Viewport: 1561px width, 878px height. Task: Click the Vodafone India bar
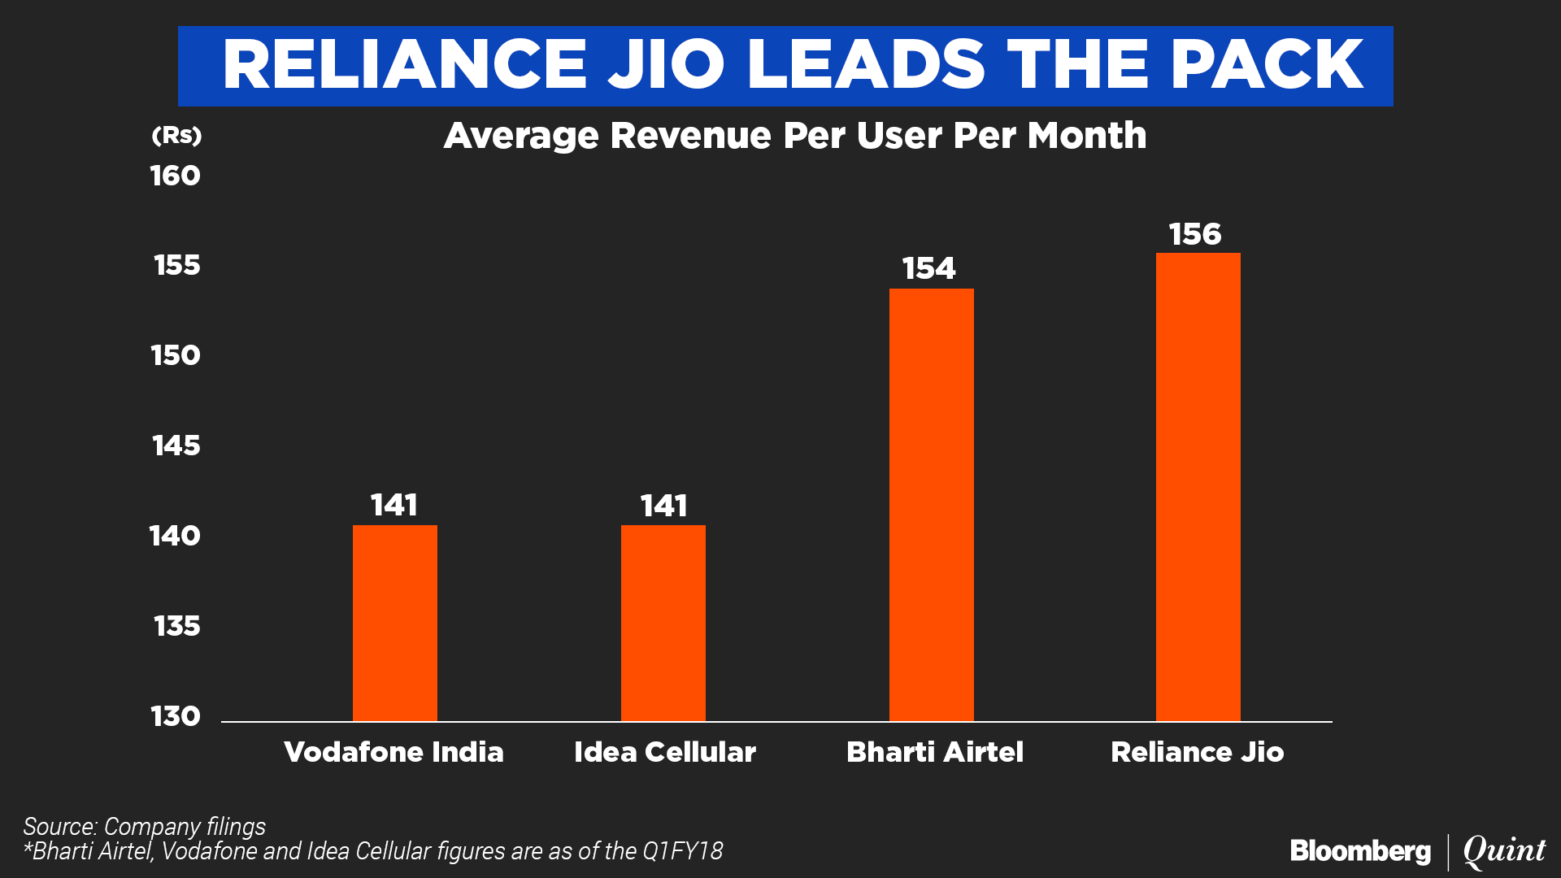pos(394,623)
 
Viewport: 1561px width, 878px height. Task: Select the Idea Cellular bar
pos(663,623)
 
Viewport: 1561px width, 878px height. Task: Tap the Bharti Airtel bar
pos(931,504)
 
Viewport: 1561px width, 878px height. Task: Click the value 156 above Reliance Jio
pos(1195,234)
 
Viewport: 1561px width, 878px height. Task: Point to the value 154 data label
pos(928,268)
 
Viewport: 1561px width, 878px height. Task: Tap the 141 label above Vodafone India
pos(394,505)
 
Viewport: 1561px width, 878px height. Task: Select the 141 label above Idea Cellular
pos(663,506)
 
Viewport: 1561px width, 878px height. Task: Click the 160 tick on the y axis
pos(175,176)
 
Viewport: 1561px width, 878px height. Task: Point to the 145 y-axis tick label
pos(176,446)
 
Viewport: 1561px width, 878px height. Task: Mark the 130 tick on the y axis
pos(175,716)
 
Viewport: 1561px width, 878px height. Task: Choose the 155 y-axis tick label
pos(176,265)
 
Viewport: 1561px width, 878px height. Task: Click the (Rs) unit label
pos(176,135)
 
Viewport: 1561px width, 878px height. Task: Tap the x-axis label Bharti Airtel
pos(934,752)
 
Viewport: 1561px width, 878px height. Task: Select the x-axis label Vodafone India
pos(394,752)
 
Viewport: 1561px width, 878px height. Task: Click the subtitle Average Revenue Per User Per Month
pos(794,136)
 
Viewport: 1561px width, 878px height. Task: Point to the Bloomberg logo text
pos(1360,851)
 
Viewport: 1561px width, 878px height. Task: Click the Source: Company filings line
pos(144,826)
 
